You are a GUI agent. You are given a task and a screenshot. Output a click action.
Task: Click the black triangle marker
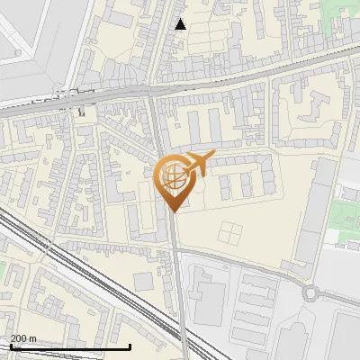(181, 24)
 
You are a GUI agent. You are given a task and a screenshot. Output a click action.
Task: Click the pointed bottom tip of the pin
(174, 211)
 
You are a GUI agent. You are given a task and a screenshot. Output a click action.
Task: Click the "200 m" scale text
(24, 338)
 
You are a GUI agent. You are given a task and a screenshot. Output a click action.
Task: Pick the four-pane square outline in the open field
(229, 232)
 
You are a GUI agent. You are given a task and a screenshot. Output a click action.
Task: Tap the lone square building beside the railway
(144, 282)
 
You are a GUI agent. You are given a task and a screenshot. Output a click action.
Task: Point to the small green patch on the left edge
(3, 270)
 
